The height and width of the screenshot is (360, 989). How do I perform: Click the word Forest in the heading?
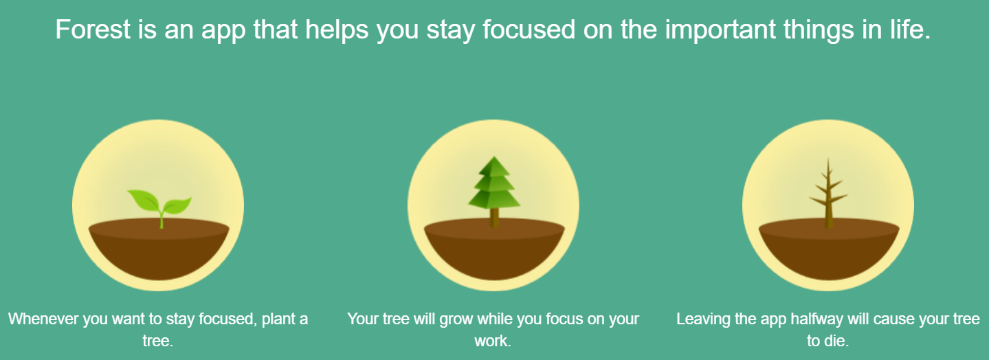[93, 30]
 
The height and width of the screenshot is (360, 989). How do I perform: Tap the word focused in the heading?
[529, 30]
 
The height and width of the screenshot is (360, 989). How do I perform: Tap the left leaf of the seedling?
[143, 200]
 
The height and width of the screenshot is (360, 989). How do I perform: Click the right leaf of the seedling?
[177, 205]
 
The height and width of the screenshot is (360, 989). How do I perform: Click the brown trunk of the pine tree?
[494, 218]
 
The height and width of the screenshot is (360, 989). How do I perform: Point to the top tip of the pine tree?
[494, 157]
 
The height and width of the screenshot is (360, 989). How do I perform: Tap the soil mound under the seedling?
[159, 249]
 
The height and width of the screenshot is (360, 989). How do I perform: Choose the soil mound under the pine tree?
[494, 249]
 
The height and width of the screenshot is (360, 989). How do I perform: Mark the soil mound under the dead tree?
[829, 249]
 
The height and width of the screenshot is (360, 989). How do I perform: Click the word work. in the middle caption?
[493, 341]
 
